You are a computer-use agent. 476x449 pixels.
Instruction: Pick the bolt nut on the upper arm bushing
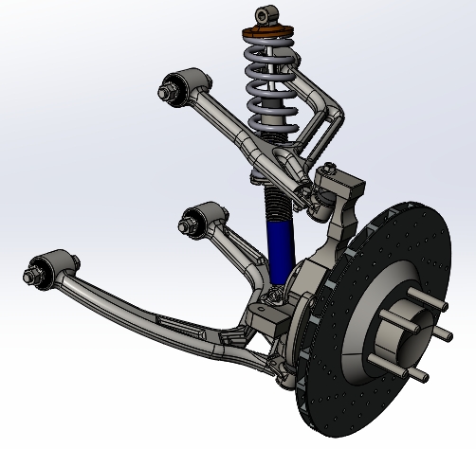(x=168, y=92)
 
